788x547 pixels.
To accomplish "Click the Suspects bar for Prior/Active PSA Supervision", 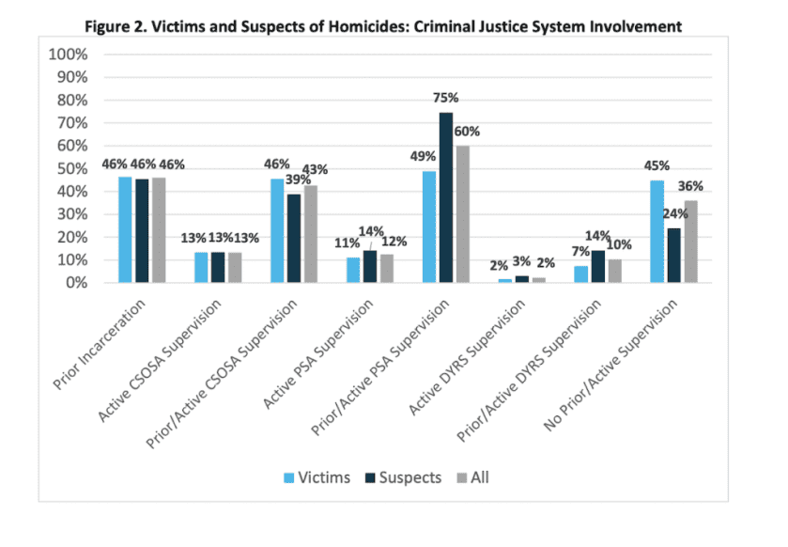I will coord(445,197).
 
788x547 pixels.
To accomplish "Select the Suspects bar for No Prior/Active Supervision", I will coord(673,255).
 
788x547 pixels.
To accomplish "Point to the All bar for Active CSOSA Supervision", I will coord(234,267).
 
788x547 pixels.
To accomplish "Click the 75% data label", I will coord(446,99).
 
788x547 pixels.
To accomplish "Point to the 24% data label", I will coord(674,214).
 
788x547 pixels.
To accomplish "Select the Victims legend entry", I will coord(316,477).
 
